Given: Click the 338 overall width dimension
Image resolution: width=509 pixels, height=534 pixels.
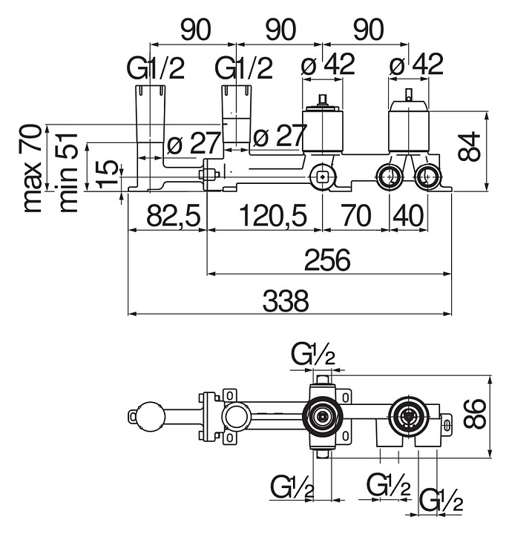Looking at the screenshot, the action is click(x=286, y=300).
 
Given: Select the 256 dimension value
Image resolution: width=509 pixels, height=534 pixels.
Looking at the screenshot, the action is click(x=327, y=260).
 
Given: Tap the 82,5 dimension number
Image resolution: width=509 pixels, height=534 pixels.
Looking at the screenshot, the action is click(x=173, y=216).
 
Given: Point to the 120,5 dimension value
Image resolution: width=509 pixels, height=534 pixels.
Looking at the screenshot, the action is click(x=273, y=216).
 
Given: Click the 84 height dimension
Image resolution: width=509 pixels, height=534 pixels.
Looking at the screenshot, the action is click(x=469, y=146).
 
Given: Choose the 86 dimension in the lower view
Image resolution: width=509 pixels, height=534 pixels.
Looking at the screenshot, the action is click(x=474, y=414).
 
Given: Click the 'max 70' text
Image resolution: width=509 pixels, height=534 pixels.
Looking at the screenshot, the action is click(x=33, y=169).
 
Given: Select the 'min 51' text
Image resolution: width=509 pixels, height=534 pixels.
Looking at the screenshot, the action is click(x=68, y=173).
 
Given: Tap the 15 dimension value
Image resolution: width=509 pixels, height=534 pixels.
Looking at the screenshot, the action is click(x=108, y=174).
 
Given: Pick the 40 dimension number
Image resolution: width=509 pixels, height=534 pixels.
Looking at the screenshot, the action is click(x=408, y=216).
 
